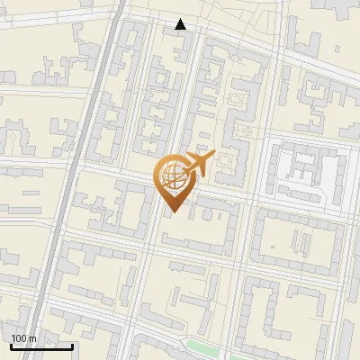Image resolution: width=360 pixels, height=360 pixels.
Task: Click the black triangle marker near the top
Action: pyautogui.click(x=181, y=24)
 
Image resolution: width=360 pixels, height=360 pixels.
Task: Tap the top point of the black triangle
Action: pyautogui.click(x=181, y=19)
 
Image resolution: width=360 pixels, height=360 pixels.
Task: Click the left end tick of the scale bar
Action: pyautogui.click(x=11, y=345)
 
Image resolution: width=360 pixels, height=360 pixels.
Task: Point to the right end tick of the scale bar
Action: pyautogui.click(x=72, y=345)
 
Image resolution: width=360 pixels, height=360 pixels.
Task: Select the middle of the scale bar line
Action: pyautogui.click(x=41, y=346)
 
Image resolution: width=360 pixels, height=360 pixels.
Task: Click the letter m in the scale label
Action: pyautogui.click(x=32, y=338)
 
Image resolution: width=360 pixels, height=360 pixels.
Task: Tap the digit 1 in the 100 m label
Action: pyautogui.click(x=13, y=338)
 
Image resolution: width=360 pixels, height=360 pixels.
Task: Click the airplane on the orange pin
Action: pyautogui.click(x=198, y=164)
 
